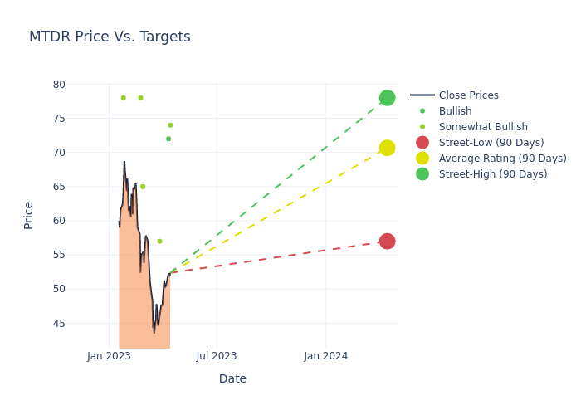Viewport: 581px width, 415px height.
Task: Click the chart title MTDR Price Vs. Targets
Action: point(110,37)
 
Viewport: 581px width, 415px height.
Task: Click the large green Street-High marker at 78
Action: point(387,98)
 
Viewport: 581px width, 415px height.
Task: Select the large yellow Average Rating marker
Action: point(387,148)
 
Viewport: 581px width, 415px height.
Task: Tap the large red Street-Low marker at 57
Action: point(387,242)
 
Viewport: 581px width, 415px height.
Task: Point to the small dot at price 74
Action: point(170,125)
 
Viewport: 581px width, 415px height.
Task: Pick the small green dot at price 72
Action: point(168,139)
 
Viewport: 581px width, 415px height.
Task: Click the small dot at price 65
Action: point(143,187)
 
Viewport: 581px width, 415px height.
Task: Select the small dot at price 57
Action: point(159,242)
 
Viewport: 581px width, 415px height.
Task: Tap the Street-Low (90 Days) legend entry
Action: point(491,143)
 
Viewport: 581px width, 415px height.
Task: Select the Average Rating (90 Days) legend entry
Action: point(502,159)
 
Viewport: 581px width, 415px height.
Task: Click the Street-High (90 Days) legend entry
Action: point(493,174)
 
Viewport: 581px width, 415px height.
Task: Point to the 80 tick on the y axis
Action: point(58,85)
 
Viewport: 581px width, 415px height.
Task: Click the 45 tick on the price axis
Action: point(58,324)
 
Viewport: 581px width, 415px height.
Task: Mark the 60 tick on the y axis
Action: point(58,221)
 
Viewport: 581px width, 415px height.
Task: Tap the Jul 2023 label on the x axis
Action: point(217,357)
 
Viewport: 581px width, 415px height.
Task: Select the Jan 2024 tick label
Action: point(325,357)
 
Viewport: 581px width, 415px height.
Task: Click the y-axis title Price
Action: point(29,215)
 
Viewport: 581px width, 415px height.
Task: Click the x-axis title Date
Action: point(232,379)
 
